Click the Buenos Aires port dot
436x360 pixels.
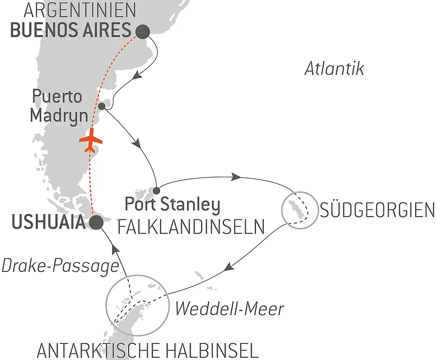click(x=143, y=31)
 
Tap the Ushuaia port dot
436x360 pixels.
click(x=96, y=223)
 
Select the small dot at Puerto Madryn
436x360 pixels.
click(x=102, y=106)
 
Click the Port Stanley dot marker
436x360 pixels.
click(x=157, y=190)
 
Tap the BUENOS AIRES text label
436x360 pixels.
click(x=70, y=31)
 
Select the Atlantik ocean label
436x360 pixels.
click(x=334, y=69)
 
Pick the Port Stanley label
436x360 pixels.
click(x=172, y=205)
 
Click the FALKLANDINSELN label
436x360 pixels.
click(x=191, y=226)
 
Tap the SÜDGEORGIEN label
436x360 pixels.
click(x=377, y=211)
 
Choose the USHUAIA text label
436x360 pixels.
click(x=48, y=223)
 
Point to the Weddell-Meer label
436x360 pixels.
click(x=229, y=309)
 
